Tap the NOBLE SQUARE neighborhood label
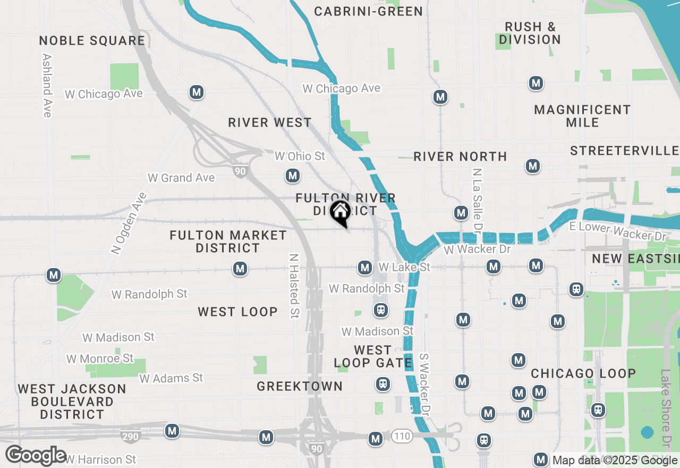tap(92, 41)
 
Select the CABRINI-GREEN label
tap(369, 11)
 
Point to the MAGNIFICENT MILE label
tap(582, 116)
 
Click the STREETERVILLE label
tap(625, 151)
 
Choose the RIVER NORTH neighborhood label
tap(460, 156)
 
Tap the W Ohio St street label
tap(300, 156)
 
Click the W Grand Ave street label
tap(181, 178)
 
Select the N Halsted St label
tap(293, 286)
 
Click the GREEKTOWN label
tap(300, 387)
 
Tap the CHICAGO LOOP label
tap(583, 373)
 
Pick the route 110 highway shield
tap(402, 437)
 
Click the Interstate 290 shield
tap(131, 437)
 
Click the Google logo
tap(36, 456)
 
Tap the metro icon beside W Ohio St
tap(292, 175)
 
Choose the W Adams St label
tap(171, 378)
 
